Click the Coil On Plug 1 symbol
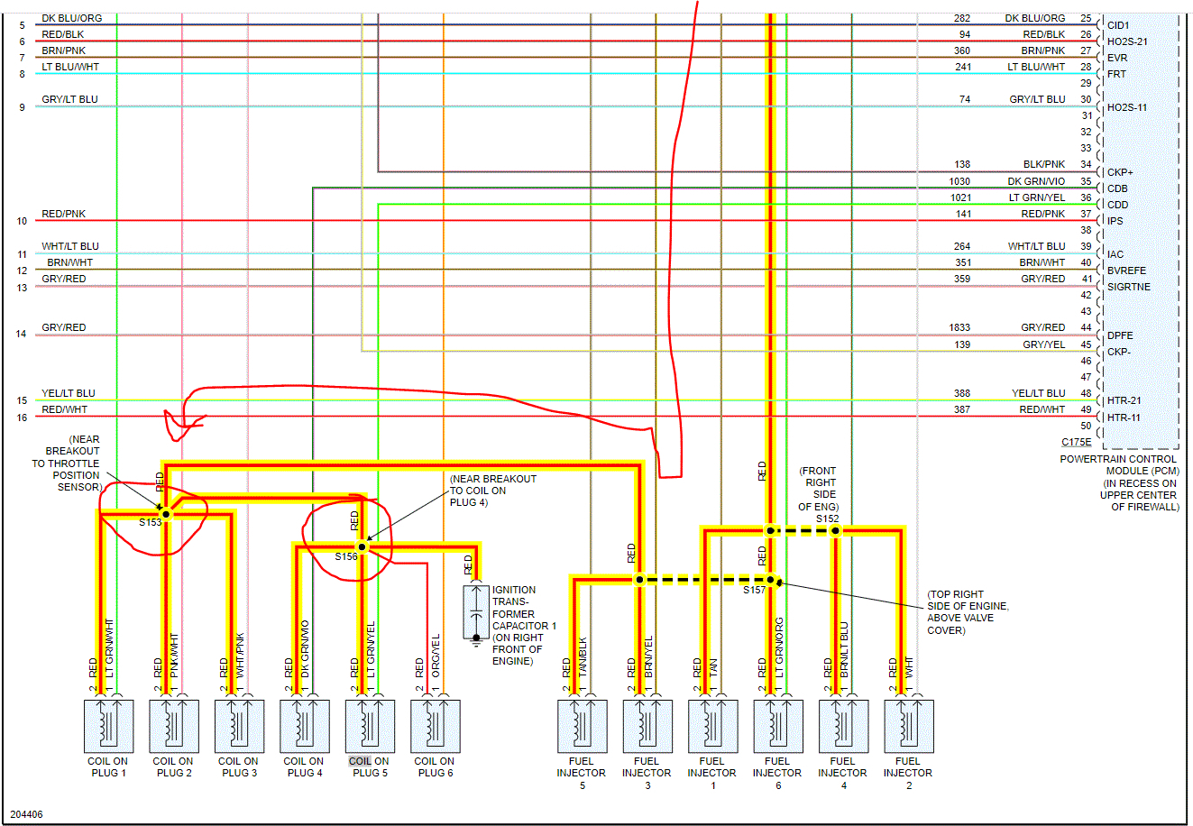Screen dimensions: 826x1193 coord(108,726)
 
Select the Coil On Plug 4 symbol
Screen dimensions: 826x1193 coord(304,726)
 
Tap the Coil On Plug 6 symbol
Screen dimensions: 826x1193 coord(435,726)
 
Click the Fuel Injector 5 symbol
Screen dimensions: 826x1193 coord(582,726)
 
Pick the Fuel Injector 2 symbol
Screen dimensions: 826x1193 coord(908,726)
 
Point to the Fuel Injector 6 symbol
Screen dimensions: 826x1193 coord(777,726)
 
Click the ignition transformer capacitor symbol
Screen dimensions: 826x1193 coord(475,613)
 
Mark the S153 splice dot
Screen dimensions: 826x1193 coord(166,513)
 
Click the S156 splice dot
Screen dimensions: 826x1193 coord(362,546)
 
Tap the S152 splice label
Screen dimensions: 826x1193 coord(827,519)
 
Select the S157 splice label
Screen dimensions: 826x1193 coord(754,590)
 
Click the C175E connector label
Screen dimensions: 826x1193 coord(1076,442)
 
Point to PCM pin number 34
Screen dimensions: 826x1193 coord(1086,165)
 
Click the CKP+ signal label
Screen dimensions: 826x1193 coord(1120,172)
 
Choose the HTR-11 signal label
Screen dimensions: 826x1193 coord(1124,418)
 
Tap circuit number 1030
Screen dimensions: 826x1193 coord(959,181)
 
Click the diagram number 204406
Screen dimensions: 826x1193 coord(26,814)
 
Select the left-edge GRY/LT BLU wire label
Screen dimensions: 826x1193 coord(69,99)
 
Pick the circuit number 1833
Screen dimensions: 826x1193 coord(959,327)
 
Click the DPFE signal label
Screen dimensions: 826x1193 coord(1120,335)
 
